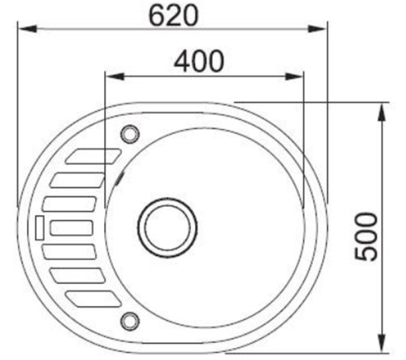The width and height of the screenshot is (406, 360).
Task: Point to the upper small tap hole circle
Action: (x=129, y=132)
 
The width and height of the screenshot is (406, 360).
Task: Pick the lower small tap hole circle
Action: (x=129, y=318)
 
